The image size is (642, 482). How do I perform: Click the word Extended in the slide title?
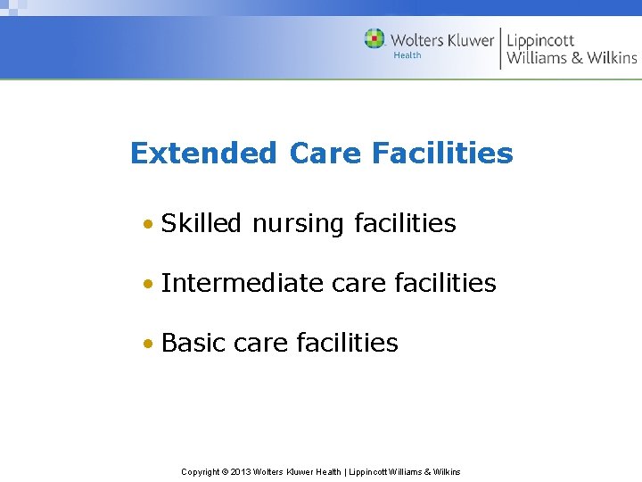203,154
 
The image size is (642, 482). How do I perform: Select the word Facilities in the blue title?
442,154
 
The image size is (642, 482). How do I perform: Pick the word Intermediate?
243,283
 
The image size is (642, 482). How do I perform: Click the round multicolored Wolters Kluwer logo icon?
374,39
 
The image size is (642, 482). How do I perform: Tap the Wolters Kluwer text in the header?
441,39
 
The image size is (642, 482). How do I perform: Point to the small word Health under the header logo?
407,55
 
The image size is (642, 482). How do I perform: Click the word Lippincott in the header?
540,40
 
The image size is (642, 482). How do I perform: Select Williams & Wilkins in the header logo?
572,58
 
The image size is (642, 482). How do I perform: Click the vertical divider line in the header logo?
500,47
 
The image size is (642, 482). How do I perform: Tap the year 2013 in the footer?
241,471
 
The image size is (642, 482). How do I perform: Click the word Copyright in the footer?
201,471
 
